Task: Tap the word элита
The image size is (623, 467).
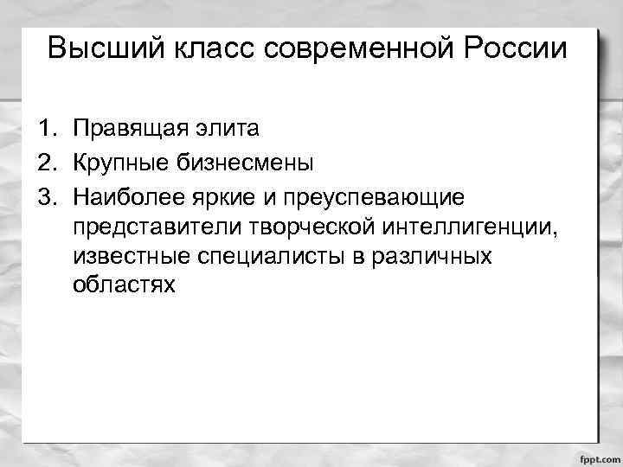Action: [x=227, y=130]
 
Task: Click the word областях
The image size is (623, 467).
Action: [x=125, y=285]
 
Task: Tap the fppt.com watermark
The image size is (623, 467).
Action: [x=598, y=457]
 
